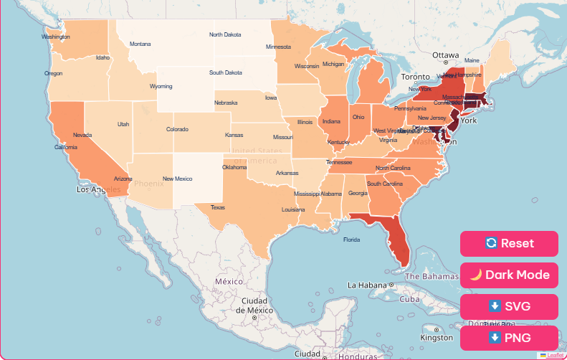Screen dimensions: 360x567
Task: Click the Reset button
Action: point(509,243)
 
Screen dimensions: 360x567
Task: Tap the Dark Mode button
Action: point(509,275)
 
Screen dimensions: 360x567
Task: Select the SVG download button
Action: point(509,306)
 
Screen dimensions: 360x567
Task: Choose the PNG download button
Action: point(509,338)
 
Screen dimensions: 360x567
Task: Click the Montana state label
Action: point(140,44)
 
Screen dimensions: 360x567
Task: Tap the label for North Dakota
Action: point(225,34)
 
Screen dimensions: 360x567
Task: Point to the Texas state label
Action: point(217,208)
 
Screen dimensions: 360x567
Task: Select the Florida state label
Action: point(351,240)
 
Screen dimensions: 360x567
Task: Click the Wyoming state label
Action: point(161,87)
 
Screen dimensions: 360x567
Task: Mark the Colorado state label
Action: point(177,130)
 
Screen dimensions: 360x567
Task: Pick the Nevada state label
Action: point(82,135)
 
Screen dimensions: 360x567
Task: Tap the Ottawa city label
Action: point(444,55)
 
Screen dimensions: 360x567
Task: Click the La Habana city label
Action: point(367,285)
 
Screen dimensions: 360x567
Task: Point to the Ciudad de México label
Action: point(254,305)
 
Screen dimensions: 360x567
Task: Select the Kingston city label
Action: point(437,337)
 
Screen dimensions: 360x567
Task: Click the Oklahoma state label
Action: point(234,168)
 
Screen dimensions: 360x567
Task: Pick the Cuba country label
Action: point(409,299)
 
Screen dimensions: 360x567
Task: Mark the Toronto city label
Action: point(415,77)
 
